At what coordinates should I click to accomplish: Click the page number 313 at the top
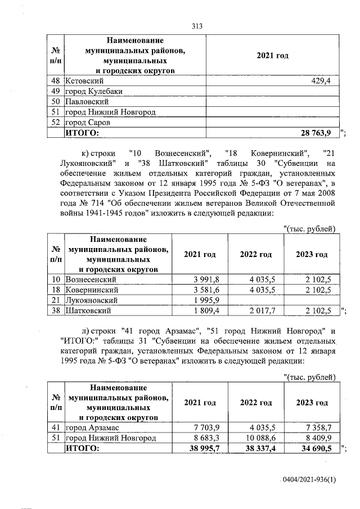[x=197, y=26]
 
